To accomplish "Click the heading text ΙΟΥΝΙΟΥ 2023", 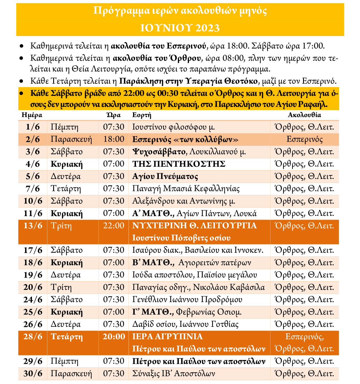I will click(180, 28).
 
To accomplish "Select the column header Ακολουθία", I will click(304, 115).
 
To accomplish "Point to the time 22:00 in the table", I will click(114, 226).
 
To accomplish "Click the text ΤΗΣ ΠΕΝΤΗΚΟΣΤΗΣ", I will click(179, 164).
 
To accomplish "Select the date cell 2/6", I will click(33, 139).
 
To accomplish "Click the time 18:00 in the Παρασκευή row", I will click(114, 139).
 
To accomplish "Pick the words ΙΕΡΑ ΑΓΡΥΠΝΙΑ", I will click(167, 337).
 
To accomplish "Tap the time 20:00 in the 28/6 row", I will click(114, 337).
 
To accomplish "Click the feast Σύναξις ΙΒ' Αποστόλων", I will click(173, 374).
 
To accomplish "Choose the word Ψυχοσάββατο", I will click(159, 152).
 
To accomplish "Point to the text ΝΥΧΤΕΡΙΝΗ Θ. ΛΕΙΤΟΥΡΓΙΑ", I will click(194, 226).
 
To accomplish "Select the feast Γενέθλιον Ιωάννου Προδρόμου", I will click(187, 300).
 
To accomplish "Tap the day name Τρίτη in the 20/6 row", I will click(61, 288).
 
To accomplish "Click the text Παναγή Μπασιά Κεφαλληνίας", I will click(186, 189).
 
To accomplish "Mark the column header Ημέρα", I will click(32, 115).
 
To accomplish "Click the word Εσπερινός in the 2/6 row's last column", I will click(304, 139).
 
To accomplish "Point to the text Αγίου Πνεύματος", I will click(165, 177).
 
